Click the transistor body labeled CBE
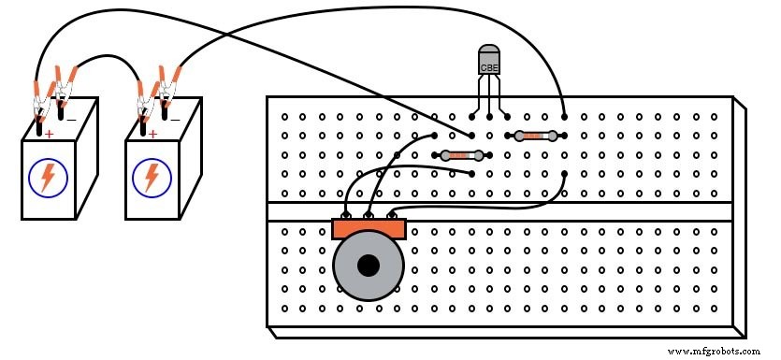point(489,61)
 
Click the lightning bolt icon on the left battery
point(47,177)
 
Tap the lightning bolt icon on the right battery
point(150,177)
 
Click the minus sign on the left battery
point(71,121)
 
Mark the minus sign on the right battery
point(175,121)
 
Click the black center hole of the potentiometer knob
point(369,266)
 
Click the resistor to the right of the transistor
point(536,137)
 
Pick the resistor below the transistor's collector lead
point(459,155)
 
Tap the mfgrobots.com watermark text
point(715,351)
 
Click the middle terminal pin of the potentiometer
point(369,216)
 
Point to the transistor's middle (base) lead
point(489,98)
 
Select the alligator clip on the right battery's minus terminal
point(168,91)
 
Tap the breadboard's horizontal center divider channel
point(505,211)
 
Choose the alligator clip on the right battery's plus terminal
point(145,100)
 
